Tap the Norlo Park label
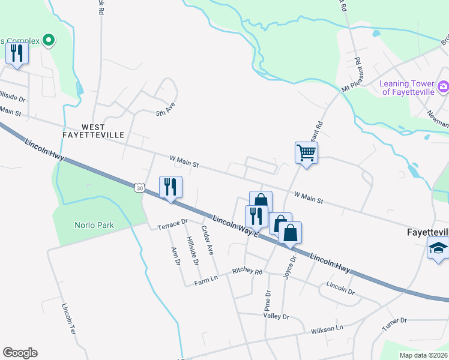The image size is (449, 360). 94,226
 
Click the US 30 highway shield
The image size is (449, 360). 139,188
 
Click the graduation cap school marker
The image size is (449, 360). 438,248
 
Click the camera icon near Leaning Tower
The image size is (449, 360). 443,88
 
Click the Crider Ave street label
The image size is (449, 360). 208,241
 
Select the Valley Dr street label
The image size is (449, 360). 276,316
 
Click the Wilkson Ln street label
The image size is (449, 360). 327,329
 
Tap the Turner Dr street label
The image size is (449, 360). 394,325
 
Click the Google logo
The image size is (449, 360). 20,353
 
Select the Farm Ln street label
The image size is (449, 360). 205,281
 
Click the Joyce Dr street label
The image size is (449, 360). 291,268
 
